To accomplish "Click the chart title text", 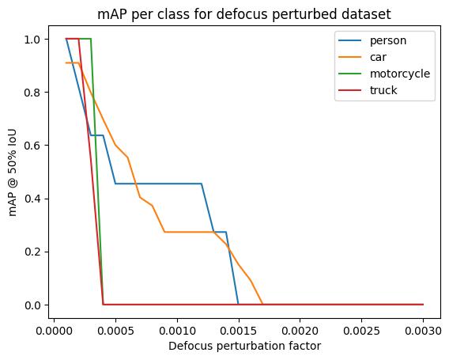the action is coord(244,14).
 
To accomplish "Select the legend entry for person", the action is coord(372,40).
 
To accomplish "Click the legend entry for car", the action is coord(362,57).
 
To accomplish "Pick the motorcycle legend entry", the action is coord(384,74).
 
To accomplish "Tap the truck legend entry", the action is coord(368,90).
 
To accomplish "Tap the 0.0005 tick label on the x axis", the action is coord(115,331).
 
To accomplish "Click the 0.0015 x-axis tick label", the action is coord(239,331).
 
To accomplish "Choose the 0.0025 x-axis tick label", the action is coord(361,331).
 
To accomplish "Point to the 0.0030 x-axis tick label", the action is coord(423,331).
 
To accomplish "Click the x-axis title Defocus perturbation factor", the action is coord(244,347).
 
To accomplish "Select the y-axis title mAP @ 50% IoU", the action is coord(13,172).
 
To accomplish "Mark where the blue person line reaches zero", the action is coord(238,304).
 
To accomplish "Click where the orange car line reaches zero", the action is coord(262,304).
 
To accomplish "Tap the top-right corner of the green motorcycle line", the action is coord(91,39).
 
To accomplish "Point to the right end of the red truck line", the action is coord(423,304).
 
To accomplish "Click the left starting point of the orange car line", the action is coord(66,63).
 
